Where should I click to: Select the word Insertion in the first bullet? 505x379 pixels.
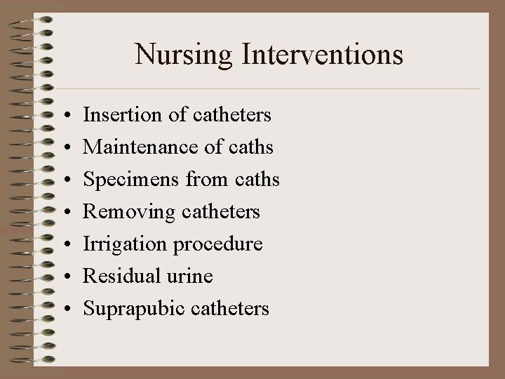[116, 114]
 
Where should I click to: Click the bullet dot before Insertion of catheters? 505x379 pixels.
[64, 114]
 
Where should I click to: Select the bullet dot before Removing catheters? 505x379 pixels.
[64, 212]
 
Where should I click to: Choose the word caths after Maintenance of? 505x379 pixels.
[250, 147]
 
